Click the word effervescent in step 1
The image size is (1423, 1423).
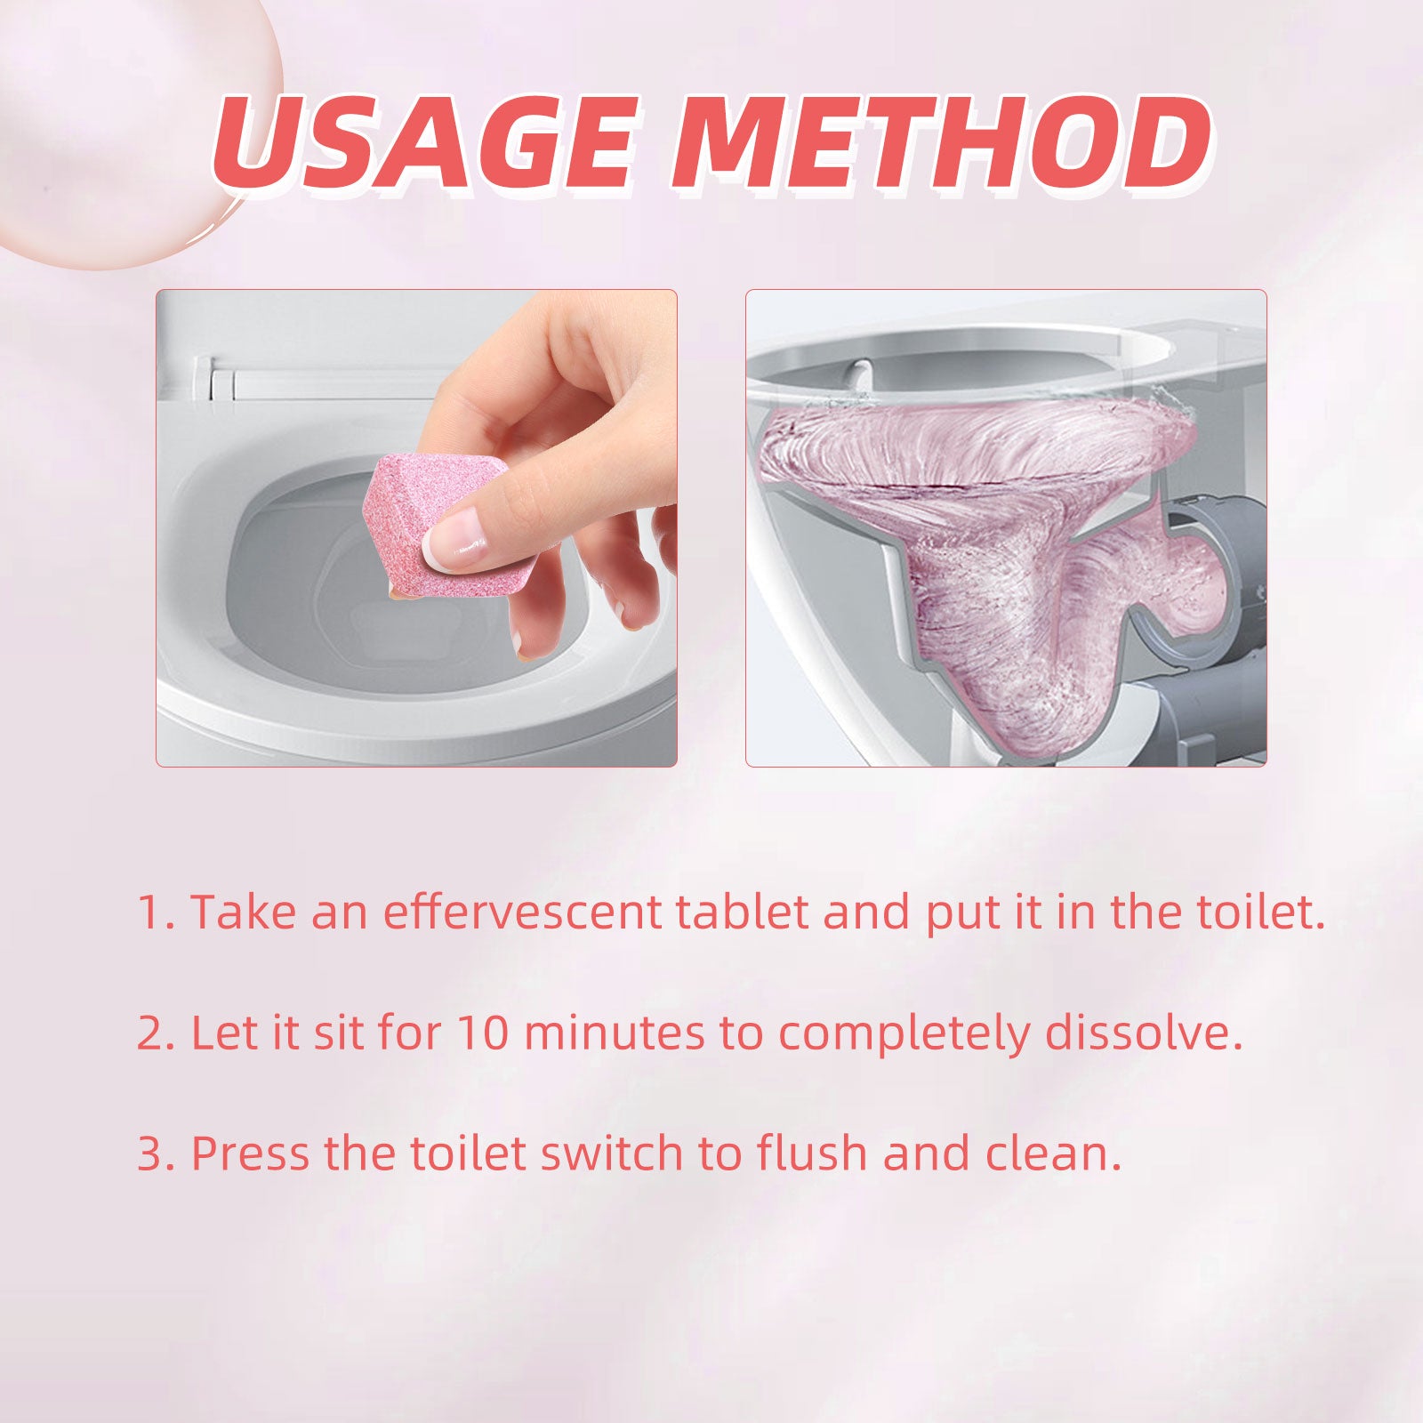523,912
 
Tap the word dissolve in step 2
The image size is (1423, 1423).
1143,1033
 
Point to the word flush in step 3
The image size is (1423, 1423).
812,1154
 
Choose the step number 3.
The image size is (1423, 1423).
153,1154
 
